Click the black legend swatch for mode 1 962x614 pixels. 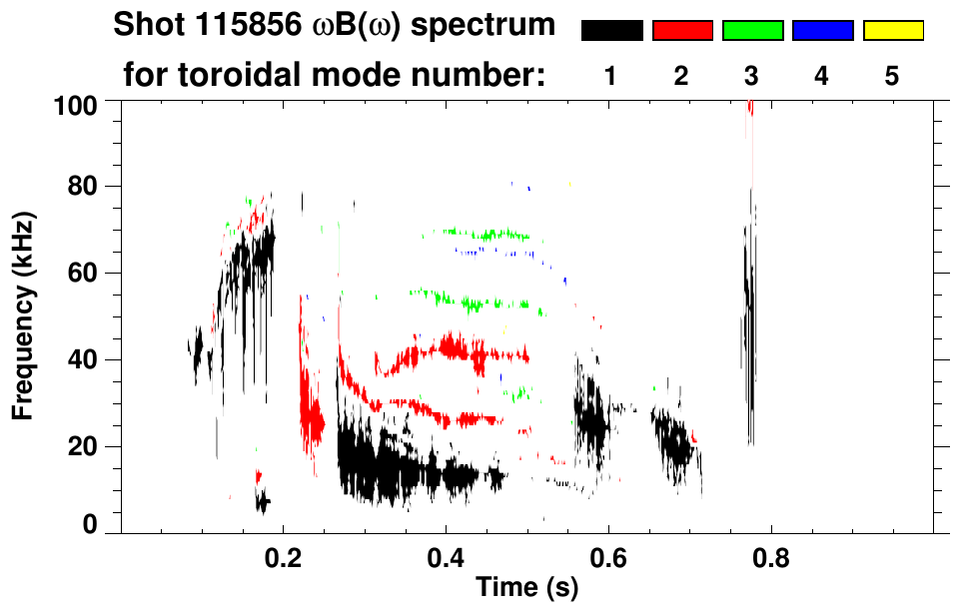click(611, 31)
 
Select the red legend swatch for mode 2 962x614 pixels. click(682, 31)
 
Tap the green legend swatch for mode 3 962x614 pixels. click(752, 31)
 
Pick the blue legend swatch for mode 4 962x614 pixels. click(822, 31)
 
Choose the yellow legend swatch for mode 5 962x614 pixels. click(893, 31)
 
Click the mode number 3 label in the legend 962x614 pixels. click(752, 76)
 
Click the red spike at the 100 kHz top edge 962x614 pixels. click(749, 108)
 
